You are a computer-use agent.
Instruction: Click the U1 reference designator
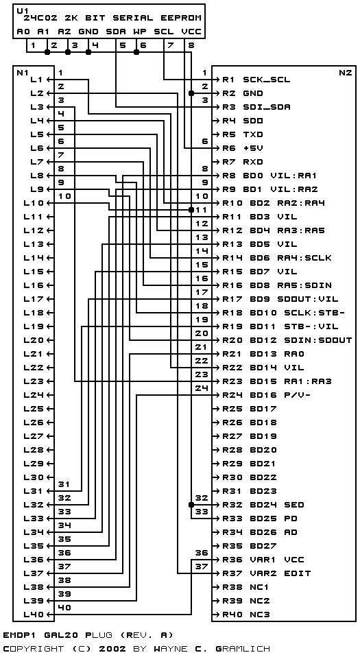point(21,10)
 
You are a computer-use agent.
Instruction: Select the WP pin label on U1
point(139,32)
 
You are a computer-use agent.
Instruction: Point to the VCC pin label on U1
point(191,32)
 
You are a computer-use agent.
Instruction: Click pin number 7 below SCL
point(170,45)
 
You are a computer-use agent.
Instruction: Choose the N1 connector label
point(21,72)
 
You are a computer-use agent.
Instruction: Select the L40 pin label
point(34,615)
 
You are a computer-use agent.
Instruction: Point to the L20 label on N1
point(34,340)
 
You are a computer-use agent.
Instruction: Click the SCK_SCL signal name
point(267,80)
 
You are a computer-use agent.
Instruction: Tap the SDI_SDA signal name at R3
point(267,107)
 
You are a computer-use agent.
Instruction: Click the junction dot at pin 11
point(191,210)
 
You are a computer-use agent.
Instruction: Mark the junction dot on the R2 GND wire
point(191,93)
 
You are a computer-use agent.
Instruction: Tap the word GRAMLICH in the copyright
point(243,649)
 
